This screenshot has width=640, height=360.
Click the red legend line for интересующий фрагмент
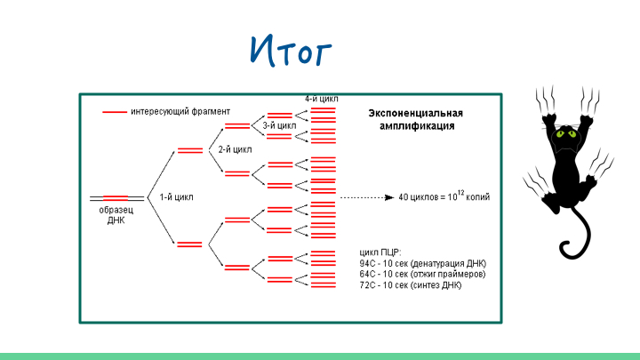114,112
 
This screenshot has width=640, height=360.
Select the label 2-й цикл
235,150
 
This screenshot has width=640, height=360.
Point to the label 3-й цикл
279,126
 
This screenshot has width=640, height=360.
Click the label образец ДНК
112,215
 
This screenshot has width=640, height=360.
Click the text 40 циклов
419,196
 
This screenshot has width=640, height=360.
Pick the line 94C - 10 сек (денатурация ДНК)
422,263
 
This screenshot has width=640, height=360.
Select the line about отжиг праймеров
422,275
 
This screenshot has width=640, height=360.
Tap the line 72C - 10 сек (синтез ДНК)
410,286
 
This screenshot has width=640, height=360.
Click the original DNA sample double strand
116,196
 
